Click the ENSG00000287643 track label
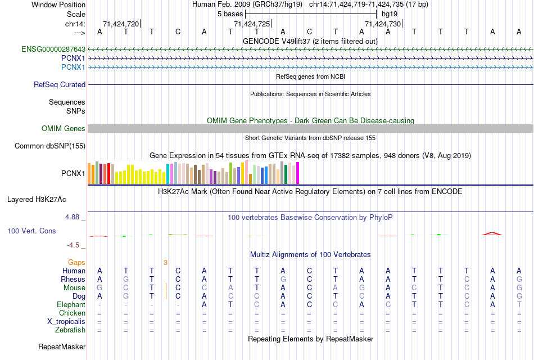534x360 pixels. pos(53,49)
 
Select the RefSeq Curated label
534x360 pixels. pos(60,84)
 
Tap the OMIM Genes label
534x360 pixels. pos(64,129)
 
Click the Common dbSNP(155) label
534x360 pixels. pos(49,146)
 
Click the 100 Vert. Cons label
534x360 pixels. pos(31,231)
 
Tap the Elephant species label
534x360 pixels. pos(71,304)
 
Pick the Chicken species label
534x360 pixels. pos(72,313)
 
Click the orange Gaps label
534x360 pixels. pos(76,262)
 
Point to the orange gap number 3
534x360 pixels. pos(165,262)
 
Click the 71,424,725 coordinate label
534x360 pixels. pos(251,24)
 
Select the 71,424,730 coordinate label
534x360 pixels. pos(383,24)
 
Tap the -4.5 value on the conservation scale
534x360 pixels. pos(76,245)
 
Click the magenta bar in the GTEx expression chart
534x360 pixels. pos(298,173)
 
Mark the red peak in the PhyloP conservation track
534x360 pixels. pos(492,233)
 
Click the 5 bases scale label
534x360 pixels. pos(230,13)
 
